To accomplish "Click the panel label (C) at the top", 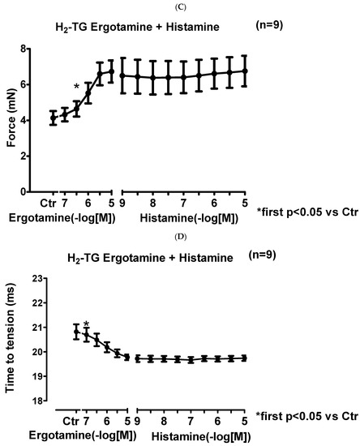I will coord(180,6).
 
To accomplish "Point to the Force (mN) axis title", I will coord(11,122).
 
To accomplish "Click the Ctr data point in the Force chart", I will coord(54,118).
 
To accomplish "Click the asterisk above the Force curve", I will coord(76,87).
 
